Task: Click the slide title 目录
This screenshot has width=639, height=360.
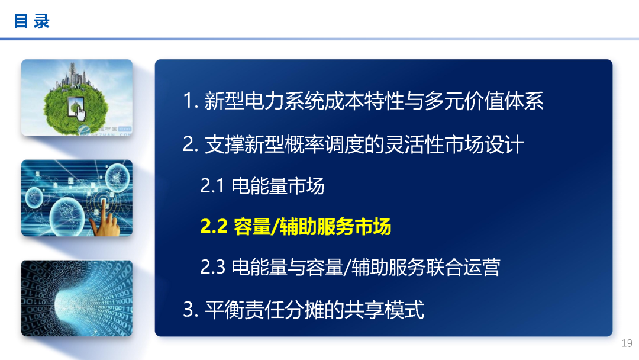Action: click(32, 21)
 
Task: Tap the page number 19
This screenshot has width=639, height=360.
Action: click(627, 343)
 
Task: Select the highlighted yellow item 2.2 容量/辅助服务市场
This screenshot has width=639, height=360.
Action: click(295, 227)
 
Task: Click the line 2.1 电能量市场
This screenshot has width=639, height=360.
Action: click(262, 187)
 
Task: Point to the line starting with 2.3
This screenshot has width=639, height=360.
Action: click(350, 267)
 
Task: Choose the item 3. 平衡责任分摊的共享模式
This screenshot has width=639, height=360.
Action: click(304, 309)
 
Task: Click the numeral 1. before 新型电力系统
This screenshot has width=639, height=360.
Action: click(190, 101)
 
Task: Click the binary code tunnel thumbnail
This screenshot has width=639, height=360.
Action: click(77, 298)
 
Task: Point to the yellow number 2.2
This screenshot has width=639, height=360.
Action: click(214, 227)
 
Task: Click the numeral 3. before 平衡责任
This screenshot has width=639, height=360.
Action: click(190, 309)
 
